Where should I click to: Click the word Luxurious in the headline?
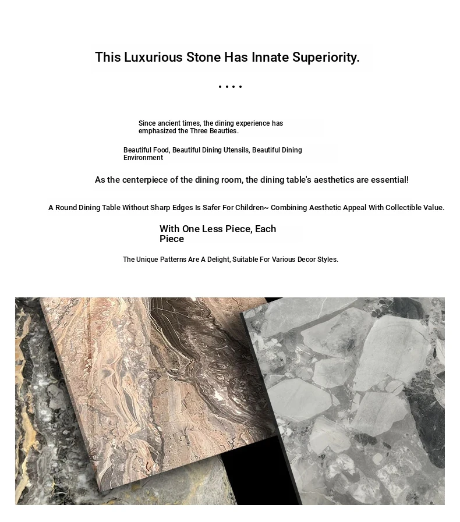tap(153, 58)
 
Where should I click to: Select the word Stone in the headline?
tap(203, 58)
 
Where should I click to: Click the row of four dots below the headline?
tap(230, 87)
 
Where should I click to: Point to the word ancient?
tap(171, 123)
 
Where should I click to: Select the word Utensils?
tap(236, 150)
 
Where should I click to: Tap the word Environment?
tap(143, 158)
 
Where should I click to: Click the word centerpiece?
tap(149, 180)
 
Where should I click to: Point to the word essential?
tap(388, 180)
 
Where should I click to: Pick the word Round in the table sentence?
tap(66, 208)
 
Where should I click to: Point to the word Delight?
tap(218, 260)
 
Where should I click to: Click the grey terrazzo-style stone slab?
tap(355, 396)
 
